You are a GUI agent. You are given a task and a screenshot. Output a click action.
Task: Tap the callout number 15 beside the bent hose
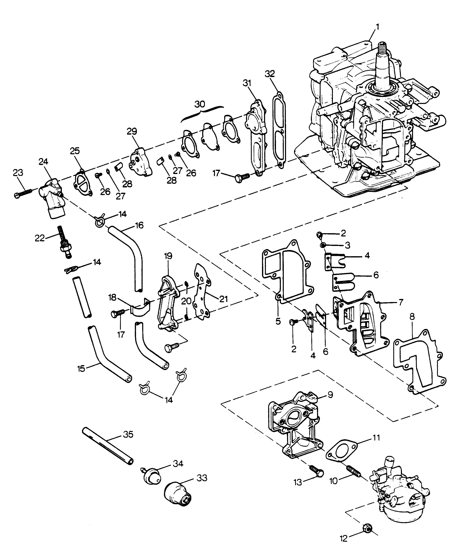81,369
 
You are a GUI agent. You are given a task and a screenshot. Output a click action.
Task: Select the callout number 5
278,321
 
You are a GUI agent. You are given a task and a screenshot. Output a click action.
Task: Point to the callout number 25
75,151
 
